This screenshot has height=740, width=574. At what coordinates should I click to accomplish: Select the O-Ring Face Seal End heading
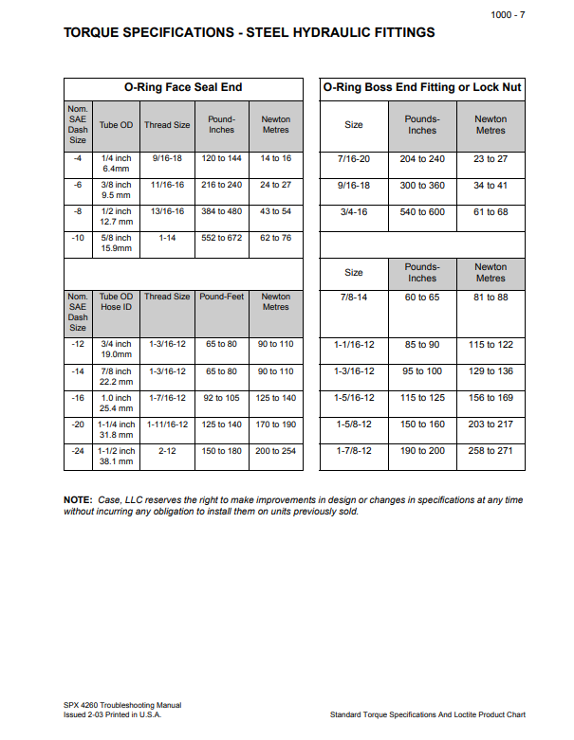[183, 87]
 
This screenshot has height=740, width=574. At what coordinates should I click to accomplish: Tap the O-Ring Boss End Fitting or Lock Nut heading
[422, 87]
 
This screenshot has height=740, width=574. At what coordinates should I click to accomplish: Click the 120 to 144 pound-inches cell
[222, 158]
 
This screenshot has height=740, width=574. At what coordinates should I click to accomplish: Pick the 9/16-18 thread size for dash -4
[167, 158]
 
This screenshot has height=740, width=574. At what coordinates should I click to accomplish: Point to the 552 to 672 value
[222, 238]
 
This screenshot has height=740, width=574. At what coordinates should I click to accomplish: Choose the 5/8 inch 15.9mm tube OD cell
[117, 244]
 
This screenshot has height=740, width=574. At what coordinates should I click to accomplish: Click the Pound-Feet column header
[222, 297]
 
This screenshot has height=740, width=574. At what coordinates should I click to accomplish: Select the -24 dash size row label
[78, 451]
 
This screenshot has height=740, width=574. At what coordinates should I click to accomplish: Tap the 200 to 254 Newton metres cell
[276, 451]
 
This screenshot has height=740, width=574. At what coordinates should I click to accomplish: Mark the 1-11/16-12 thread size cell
[167, 424]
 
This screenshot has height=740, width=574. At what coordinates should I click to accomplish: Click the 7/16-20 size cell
[354, 159]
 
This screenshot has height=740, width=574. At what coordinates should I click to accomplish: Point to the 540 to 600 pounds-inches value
[422, 212]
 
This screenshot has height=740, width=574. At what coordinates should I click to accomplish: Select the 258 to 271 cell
[491, 451]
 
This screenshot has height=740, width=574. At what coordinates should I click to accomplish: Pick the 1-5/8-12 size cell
[354, 424]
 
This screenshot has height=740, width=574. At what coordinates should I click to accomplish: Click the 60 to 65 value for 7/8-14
[422, 298]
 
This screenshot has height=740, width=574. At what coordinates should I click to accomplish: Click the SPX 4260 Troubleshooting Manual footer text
[117, 705]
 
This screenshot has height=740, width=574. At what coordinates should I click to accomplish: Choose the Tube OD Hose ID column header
[117, 302]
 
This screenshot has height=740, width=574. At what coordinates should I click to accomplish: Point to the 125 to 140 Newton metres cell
[276, 398]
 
